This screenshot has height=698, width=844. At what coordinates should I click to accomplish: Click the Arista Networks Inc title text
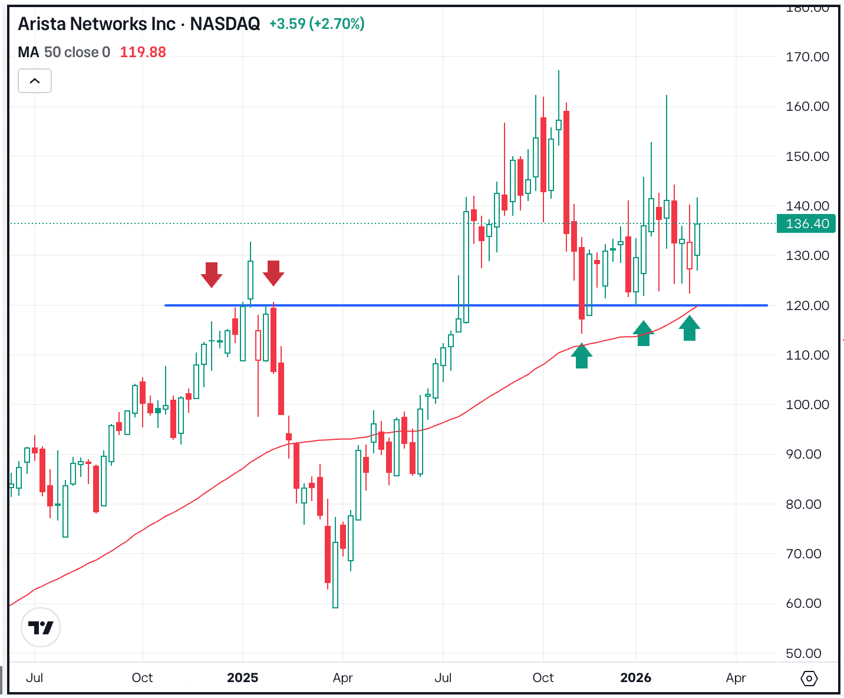[97, 24]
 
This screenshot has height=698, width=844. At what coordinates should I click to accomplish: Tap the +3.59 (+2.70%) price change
[317, 24]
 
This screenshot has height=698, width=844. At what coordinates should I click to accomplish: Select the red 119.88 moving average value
[143, 52]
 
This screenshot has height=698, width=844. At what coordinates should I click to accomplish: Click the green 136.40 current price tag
[806, 224]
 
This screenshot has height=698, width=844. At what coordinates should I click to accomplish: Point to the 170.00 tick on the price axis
[807, 57]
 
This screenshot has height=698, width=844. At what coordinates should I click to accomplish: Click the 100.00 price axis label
[807, 405]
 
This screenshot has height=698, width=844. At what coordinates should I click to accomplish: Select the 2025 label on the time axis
[242, 678]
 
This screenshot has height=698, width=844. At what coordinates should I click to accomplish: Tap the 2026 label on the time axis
[635, 678]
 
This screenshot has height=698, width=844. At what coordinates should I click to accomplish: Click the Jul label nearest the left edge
[35, 678]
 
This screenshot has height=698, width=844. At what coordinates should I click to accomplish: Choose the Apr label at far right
[736, 678]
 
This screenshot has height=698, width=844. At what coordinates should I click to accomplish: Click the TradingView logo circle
[41, 628]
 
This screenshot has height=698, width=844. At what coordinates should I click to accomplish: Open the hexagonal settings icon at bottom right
[809, 679]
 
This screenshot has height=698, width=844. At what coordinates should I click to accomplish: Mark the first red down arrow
[211, 274]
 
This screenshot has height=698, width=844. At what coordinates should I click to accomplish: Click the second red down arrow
[273, 273]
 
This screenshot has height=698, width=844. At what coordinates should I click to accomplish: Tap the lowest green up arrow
[582, 357]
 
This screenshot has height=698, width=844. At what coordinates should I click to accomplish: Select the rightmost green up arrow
[690, 328]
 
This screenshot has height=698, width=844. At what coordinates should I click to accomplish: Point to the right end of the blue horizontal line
[766, 305]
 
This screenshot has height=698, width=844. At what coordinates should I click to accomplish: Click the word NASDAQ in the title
[225, 24]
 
